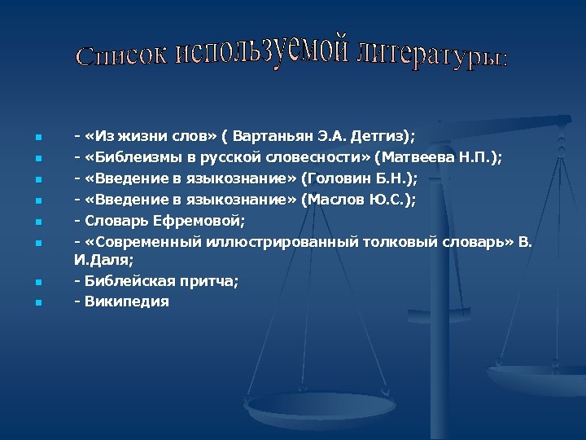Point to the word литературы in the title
point(432,53)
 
